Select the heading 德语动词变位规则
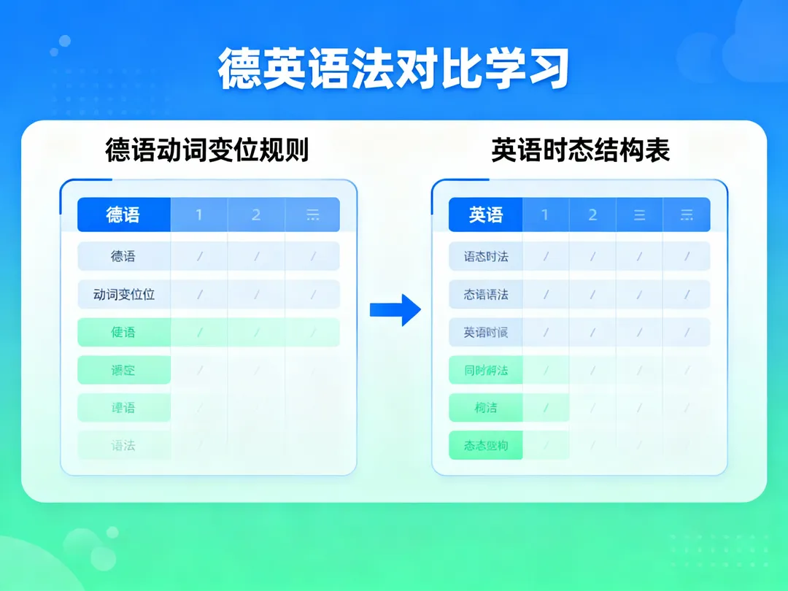click(x=207, y=150)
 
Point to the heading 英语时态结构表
click(x=580, y=150)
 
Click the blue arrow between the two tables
click(x=395, y=310)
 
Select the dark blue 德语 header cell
click(x=123, y=215)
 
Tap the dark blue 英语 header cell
click(x=485, y=215)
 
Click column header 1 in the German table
click(x=199, y=215)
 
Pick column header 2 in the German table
click(x=256, y=215)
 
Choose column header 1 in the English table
click(x=544, y=215)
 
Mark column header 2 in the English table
click(x=592, y=215)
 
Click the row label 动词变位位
click(x=123, y=295)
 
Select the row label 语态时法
click(x=485, y=257)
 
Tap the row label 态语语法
click(x=485, y=295)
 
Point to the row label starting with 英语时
click(x=485, y=333)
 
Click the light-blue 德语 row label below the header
click(x=123, y=257)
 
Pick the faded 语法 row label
click(x=123, y=445)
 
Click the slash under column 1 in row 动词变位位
click(x=199, y=295)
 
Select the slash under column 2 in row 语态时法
click(x=592, y=257)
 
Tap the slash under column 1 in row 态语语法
click(x=544, y=295)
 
